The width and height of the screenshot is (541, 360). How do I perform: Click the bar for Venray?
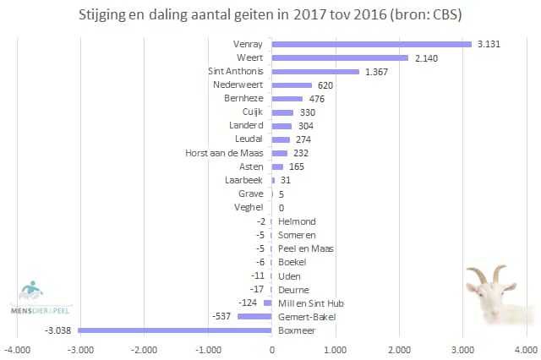(x=372, y=44)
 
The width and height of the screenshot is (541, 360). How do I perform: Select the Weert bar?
(x=340, y=57)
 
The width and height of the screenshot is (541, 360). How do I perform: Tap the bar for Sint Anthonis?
(x=315, y=72)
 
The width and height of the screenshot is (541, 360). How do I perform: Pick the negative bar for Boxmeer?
(x=175, y=330)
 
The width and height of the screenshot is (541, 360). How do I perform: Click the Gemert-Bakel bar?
(x=254, y=316)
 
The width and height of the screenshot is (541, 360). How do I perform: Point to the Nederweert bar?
(x=292, y=85)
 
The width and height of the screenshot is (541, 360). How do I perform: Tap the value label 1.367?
(x=377, y=72)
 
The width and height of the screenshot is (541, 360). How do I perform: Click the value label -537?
(x=224, y=316)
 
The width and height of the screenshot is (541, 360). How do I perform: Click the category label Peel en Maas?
(x=306, y=248)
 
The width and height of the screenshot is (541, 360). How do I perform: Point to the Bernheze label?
(x=243, y=99)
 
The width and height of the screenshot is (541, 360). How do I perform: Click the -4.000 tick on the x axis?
(x=16, y=348)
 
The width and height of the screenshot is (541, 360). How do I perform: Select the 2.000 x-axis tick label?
(x=399, y=348)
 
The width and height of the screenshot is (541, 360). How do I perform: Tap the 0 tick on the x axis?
(x=271, y=348)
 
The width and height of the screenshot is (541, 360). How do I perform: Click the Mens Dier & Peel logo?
(x=39, y=295)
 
